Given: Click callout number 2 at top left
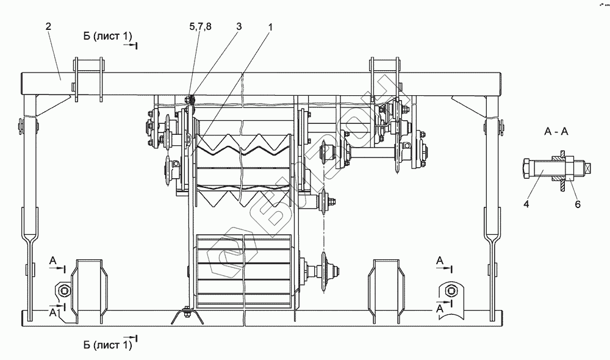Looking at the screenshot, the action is point(48,26).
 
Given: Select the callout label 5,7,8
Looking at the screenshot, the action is point(200,26).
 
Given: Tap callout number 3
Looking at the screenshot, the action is point(239,26).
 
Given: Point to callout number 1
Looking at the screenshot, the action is point(270,27).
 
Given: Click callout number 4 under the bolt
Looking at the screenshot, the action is point(526,204).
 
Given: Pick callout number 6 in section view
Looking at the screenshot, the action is point(578,204).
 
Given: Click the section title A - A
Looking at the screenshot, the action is point(556,132).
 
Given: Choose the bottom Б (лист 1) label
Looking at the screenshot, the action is point(107,345).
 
